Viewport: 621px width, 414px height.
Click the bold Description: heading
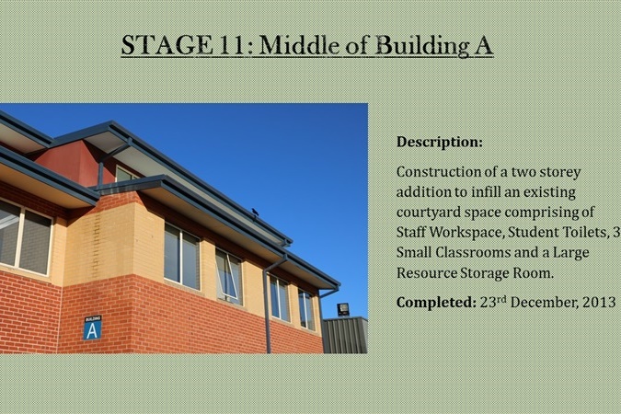coord(440,142)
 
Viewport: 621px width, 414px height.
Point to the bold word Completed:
coord(436,303)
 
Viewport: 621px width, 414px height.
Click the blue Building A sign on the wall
coord(93,328)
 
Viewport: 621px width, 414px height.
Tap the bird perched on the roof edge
coord(255,212)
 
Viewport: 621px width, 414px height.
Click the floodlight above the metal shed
coord(343,308)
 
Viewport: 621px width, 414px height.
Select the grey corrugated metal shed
coord(345,335)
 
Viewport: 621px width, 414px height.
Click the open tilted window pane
coord(228,275)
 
